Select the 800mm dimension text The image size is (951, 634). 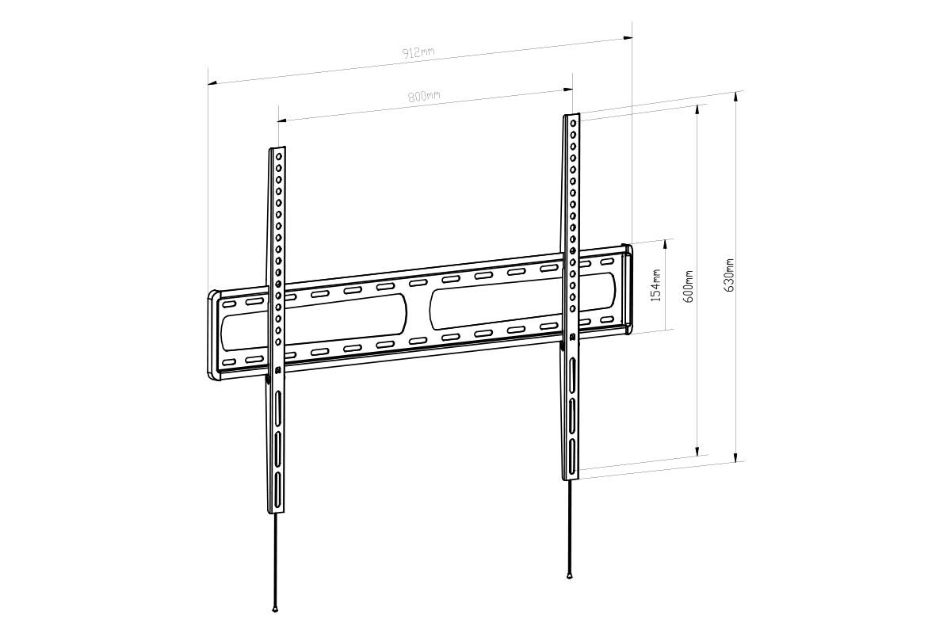click(424, 97)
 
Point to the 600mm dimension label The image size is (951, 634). click(689, 286)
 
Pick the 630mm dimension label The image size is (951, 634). click(729, 274)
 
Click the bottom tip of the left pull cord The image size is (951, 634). click(274, 609)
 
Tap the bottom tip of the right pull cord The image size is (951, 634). click(569, 576)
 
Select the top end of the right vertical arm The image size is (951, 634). click(572, 117)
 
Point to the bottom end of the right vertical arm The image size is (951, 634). click(571, 476)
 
